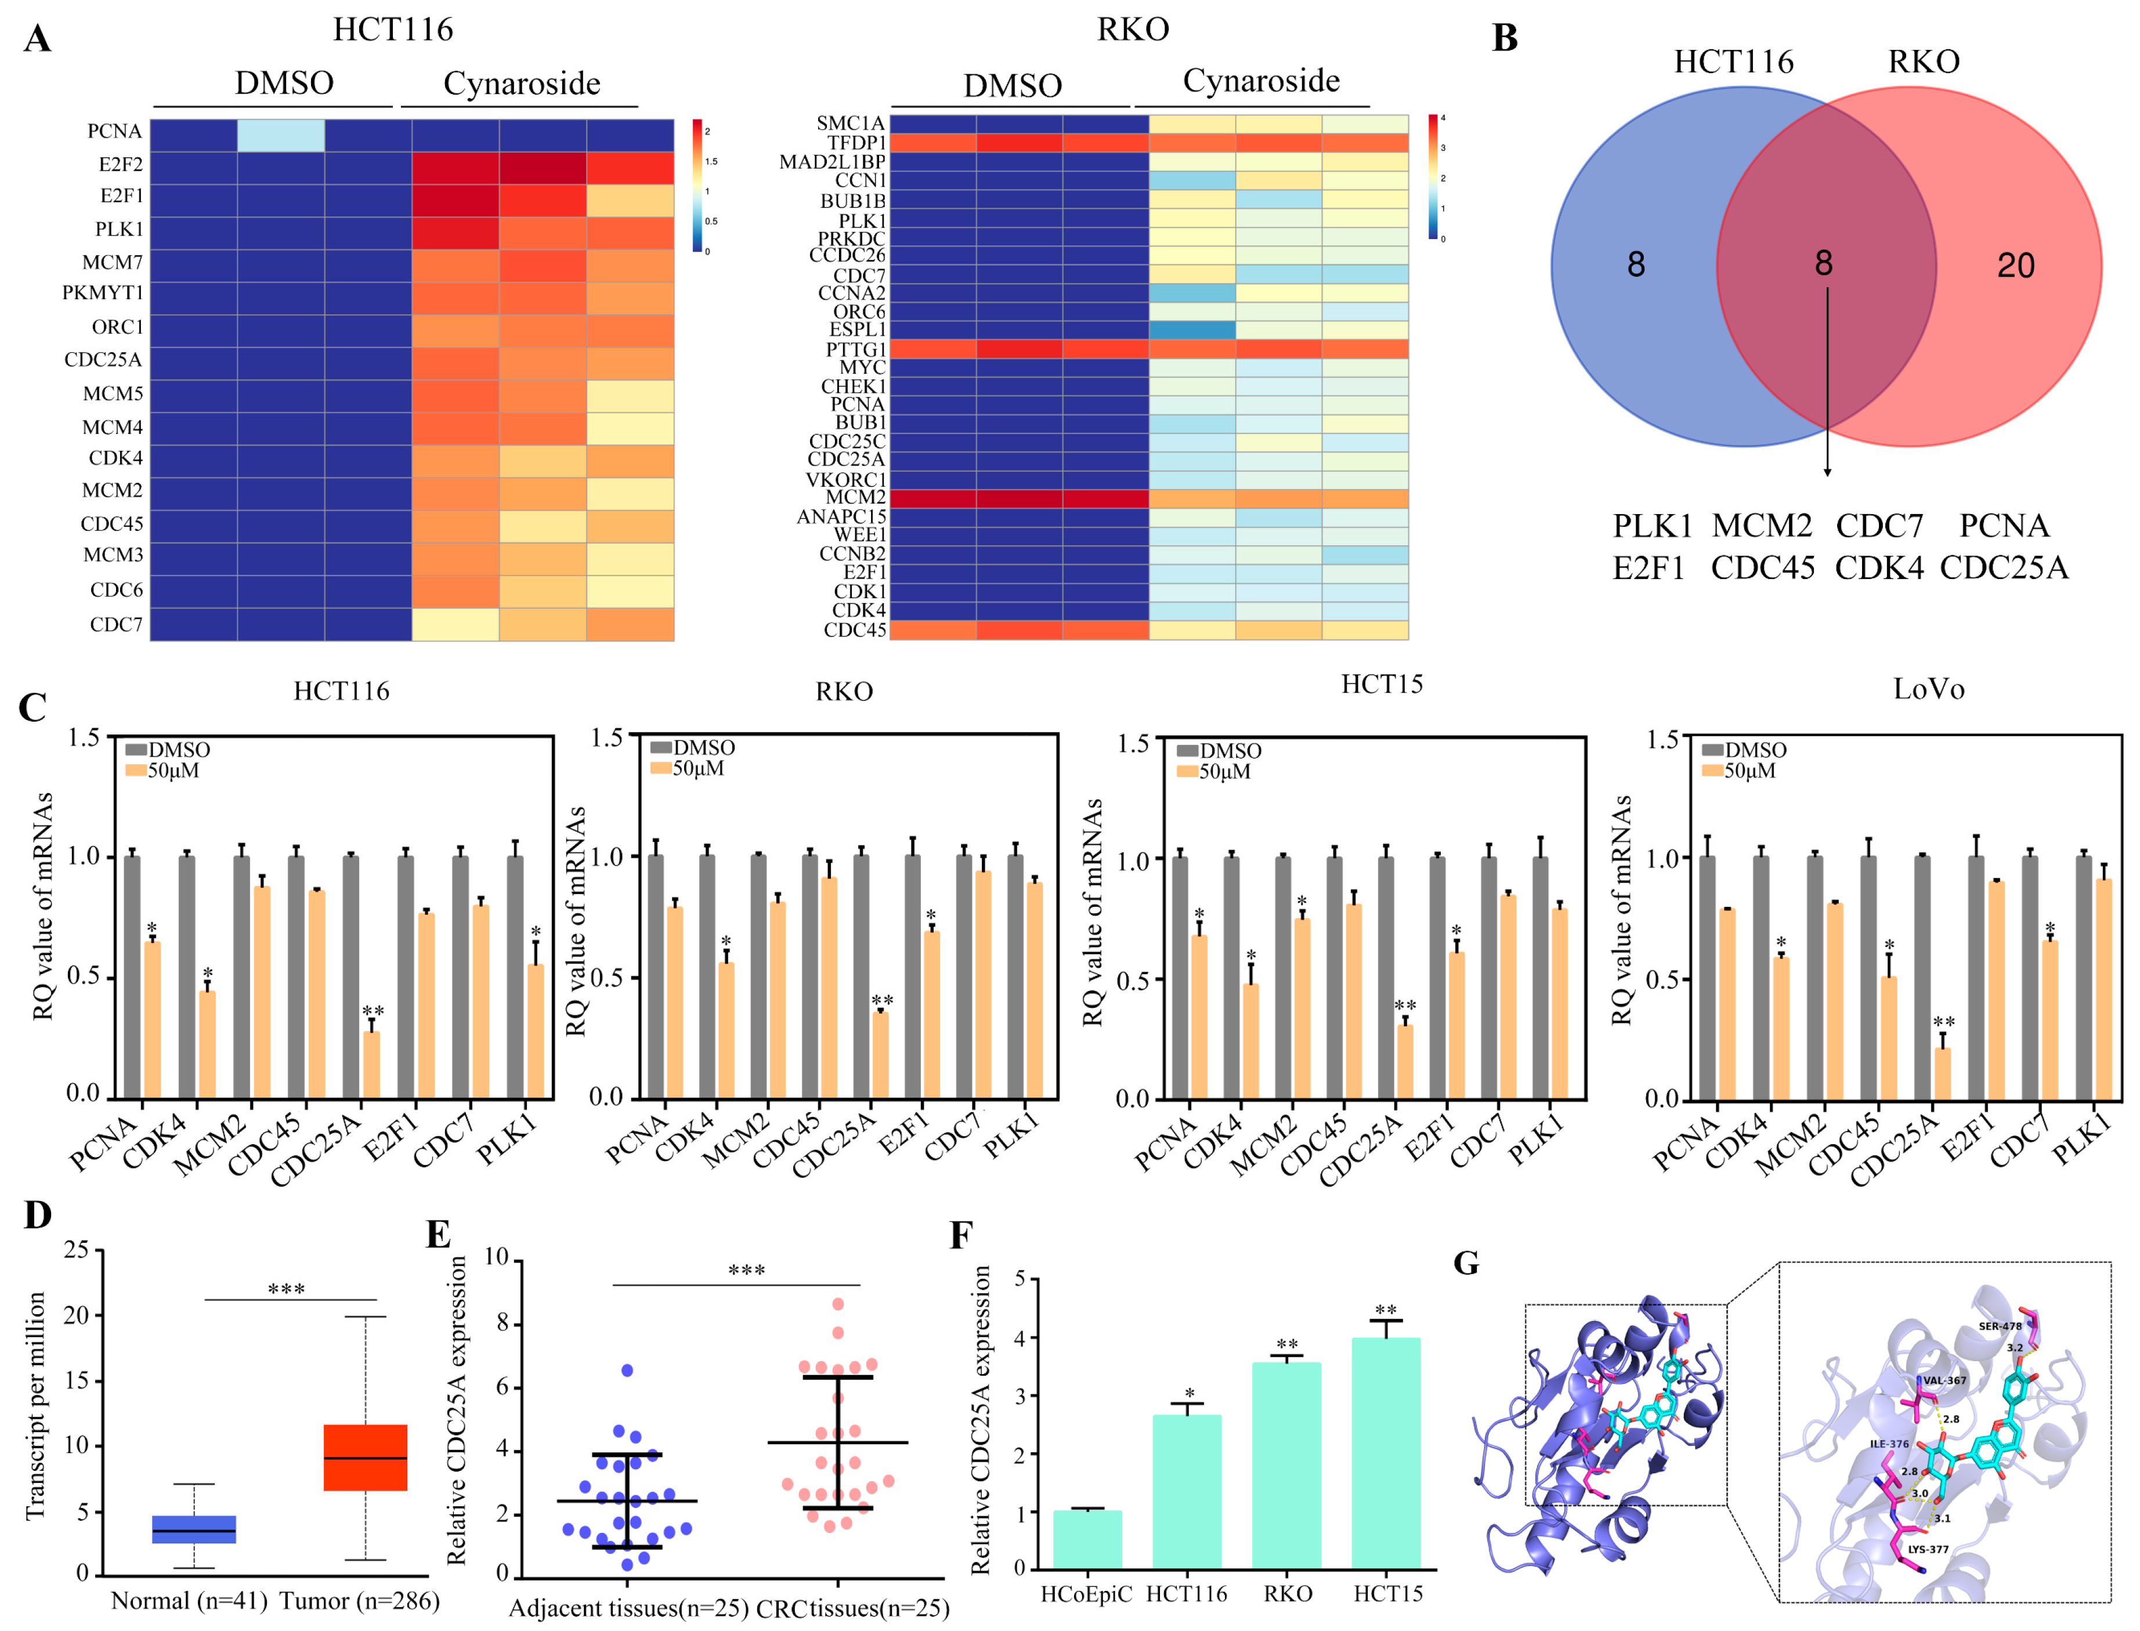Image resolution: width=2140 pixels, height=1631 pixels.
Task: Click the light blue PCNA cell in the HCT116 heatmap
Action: point(281,135)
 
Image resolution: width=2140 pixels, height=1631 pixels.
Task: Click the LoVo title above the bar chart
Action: point(1928,689)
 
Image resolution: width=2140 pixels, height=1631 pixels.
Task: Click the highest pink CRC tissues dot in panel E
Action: point(838,1304)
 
